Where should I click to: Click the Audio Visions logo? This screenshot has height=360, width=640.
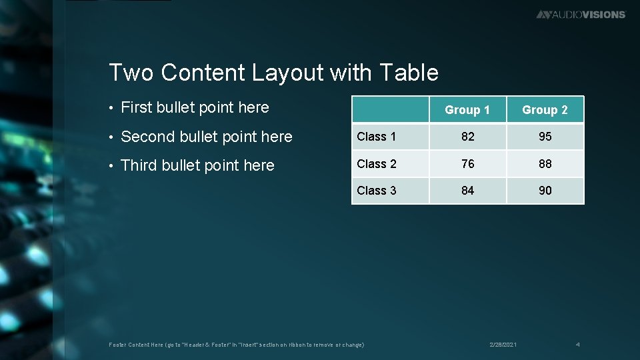pyautogui.click(x=581, y=14)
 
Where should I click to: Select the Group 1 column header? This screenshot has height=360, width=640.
pyautogui.click(x=467, y=110)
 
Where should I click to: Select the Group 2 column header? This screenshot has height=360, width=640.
pyautogui.click(x=545, y=110)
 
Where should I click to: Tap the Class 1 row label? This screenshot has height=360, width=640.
pyautogui.click(x=377, y=137)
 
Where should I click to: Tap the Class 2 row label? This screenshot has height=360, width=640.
pyautogui.click(x=377, y=163)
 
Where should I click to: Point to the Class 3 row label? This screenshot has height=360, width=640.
pyautogui.click(x=377, y=191)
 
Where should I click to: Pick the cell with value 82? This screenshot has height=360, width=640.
pyautogui.click(x=468, y=137)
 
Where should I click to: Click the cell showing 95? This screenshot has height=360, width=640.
pyautogui.click(x=545, y=137)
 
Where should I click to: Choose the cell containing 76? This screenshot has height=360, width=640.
pyautogui.click(x=468, y=163)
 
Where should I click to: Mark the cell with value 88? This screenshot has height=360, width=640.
pyautogui.click(x=545, y=163)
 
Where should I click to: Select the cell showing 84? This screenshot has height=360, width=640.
pyautogui.click(x=468, y=191)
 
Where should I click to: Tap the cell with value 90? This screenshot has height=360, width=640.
pyautogui.click(x=545, y=191)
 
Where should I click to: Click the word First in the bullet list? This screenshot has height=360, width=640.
pyautogui.click(x=137, y=107)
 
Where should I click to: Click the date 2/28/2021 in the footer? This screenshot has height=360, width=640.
pyautogui.click(x=503, y=345)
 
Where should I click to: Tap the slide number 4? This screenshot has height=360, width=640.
pyautogui.click(x=578, y=345)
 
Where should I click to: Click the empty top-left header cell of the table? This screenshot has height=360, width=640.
pyautogui.click(x=390, y=109)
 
